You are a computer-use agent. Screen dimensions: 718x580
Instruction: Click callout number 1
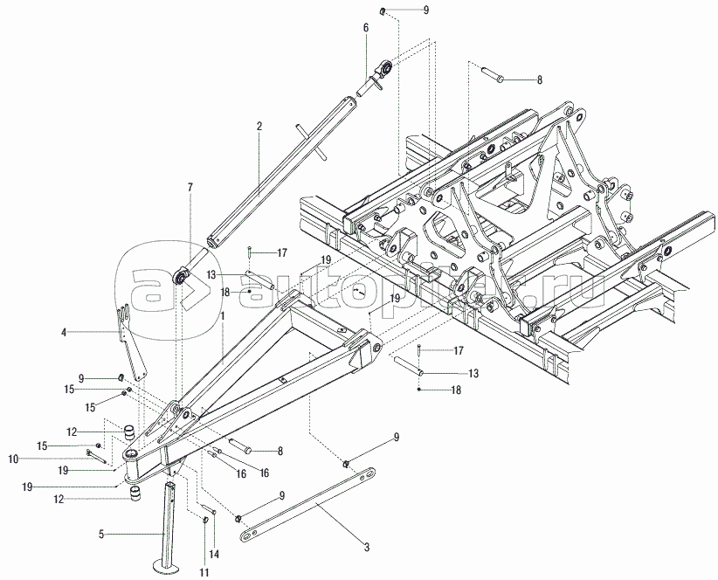point(223,316)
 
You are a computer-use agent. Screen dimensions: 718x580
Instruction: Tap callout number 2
point(259,127)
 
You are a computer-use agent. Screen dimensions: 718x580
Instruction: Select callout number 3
point(366,547)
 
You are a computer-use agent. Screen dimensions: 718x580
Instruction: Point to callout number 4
point(64,332)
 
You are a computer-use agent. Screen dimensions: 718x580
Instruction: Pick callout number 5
point(101,534)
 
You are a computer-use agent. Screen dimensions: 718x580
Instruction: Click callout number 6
point(366,28)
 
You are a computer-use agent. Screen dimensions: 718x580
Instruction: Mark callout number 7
point(190,187)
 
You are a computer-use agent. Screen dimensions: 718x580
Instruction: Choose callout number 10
point(13,459)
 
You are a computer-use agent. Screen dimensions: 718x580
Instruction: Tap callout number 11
point(204,572)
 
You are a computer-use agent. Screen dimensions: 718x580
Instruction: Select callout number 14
point(214,555)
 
